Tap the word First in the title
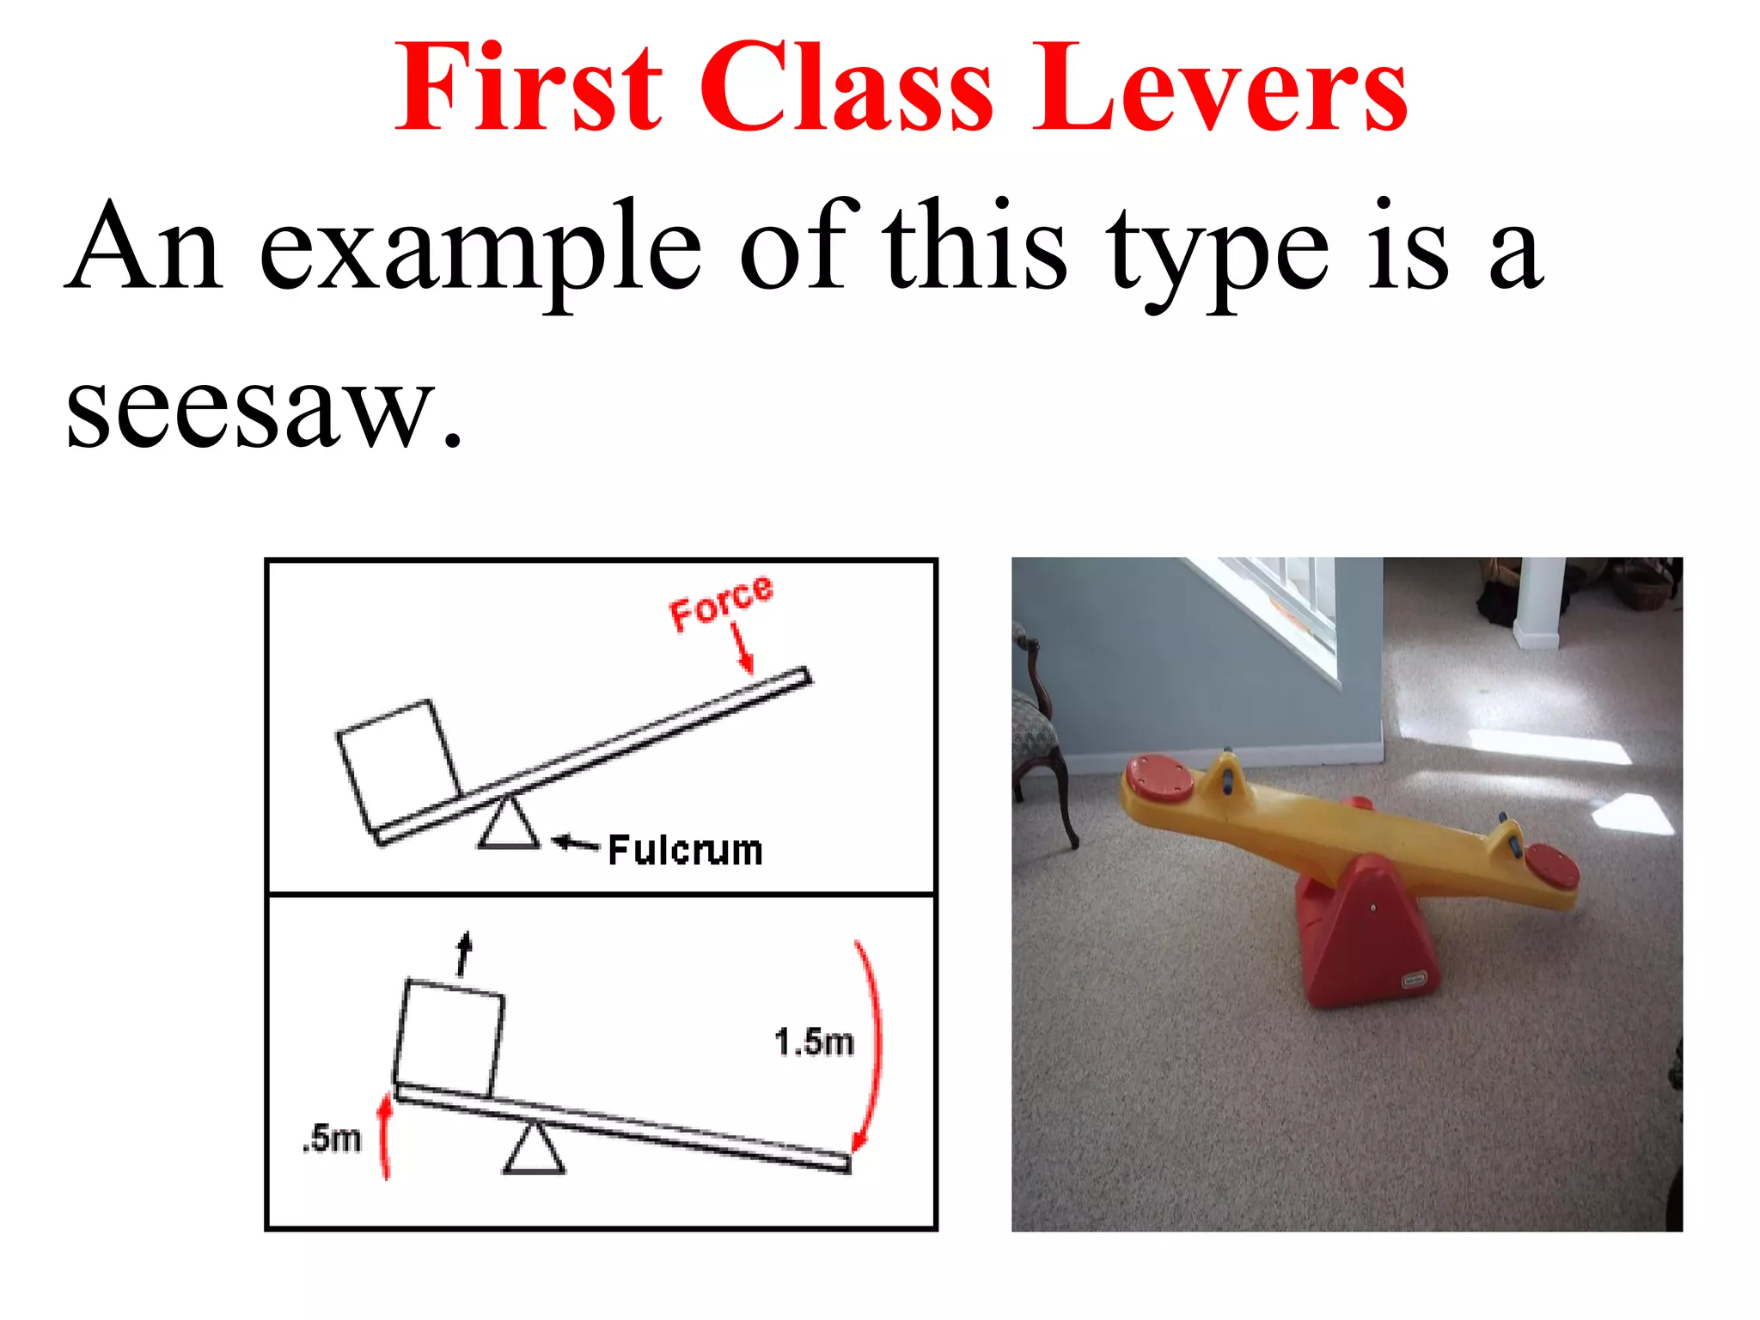click(528, 89)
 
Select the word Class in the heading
click(846, 89)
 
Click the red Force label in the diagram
click(721, 602)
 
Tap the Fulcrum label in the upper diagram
click(685, 851)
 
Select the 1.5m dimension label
click(813, 1042)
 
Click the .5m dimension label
click(332, 1139)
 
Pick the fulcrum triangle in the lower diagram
click(535, 1150)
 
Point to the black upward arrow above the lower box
click(464, 954)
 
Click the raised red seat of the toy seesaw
click(1158, 778)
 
